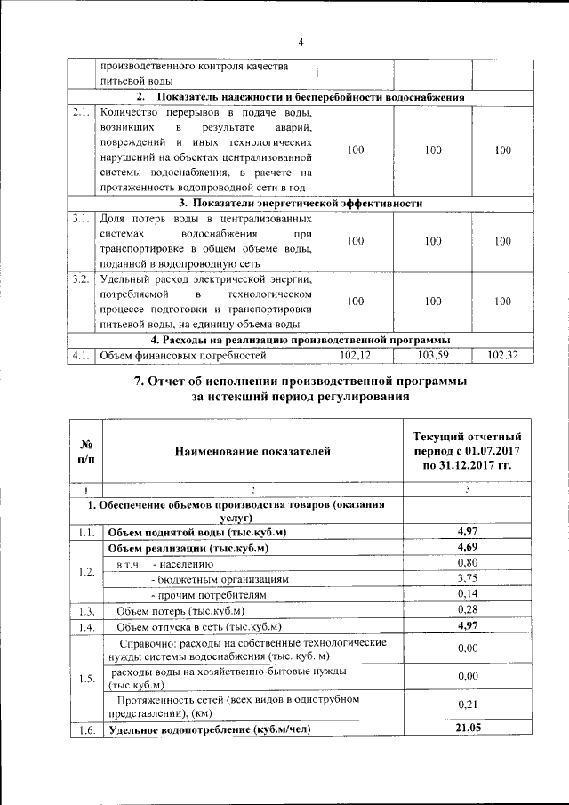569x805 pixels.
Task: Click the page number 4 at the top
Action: [x=301, y=42]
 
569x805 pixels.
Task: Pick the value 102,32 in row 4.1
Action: [x=502, y=356]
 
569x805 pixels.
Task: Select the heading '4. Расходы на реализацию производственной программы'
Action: [x=301, y=340]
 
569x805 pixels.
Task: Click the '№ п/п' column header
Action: [x=86, y=451]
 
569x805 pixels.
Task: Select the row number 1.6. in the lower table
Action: [x=86, y=729]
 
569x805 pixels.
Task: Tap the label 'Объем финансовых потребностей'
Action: [x=183, y=356]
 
